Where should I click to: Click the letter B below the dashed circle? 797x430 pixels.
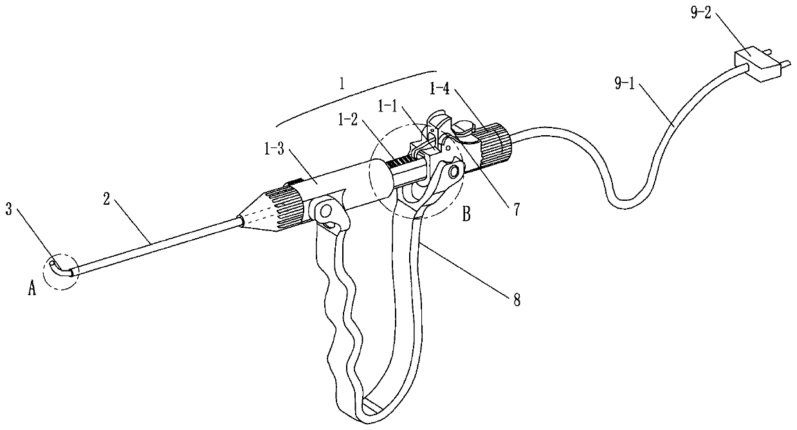point(465,215)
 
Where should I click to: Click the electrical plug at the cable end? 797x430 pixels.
point(760,64)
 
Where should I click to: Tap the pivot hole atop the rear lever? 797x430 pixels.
point(453,170)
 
